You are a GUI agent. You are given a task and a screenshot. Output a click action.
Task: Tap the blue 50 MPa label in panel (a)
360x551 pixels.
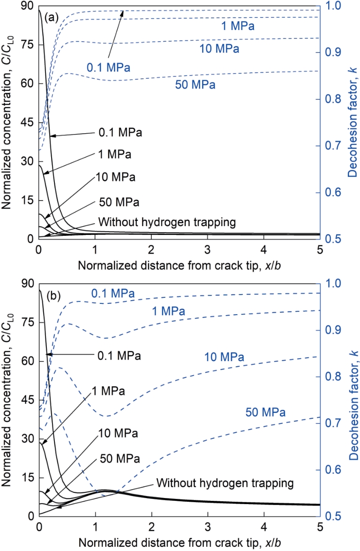pyautogui.click(x=195, y=85)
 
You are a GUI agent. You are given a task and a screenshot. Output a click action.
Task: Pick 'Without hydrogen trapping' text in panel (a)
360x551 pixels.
pyautogui.click(x=167, y=222)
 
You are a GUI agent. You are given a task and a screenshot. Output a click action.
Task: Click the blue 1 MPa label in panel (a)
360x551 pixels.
pyautogui.click(x=238, y=26)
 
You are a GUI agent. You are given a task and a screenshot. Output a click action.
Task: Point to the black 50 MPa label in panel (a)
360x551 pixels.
pyautogui.click(x=119, y=203)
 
